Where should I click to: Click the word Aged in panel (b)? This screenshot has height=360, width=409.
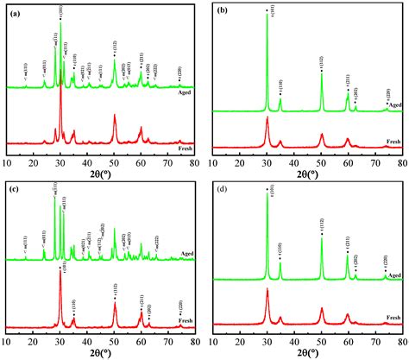point(395,104)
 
